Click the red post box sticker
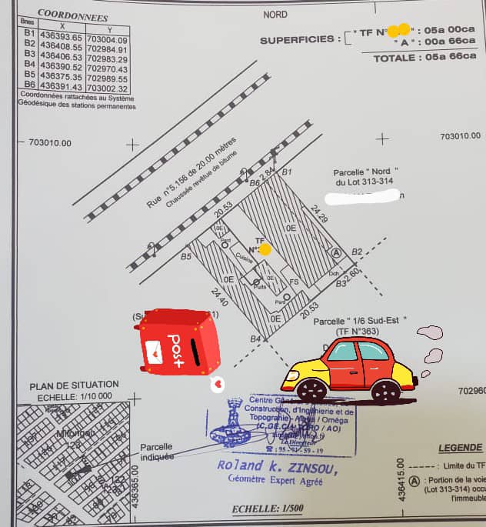179,342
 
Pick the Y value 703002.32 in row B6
108,87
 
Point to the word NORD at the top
275,15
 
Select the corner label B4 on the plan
255,339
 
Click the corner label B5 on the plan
186,257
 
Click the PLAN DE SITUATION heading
74,385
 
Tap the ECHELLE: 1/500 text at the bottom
268,509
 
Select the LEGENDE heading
460,448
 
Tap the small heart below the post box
218,381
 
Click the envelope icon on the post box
154,351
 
